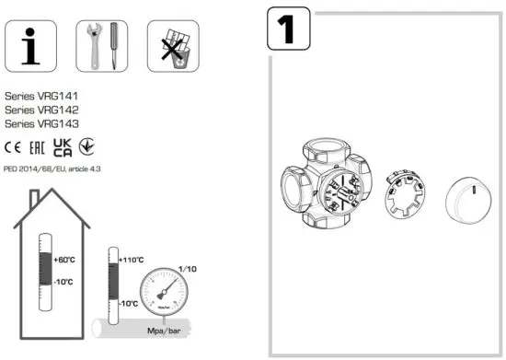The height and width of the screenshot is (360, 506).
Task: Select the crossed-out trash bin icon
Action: tap(173, 44)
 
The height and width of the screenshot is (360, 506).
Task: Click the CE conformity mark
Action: tap(14, 146)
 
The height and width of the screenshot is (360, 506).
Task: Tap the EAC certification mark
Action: tap(38, 146)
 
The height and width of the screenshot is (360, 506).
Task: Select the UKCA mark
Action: tap(63, 146)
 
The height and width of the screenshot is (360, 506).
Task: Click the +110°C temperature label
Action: tap(133, 261)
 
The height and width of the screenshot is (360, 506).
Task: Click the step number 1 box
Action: tap(288, 31)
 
